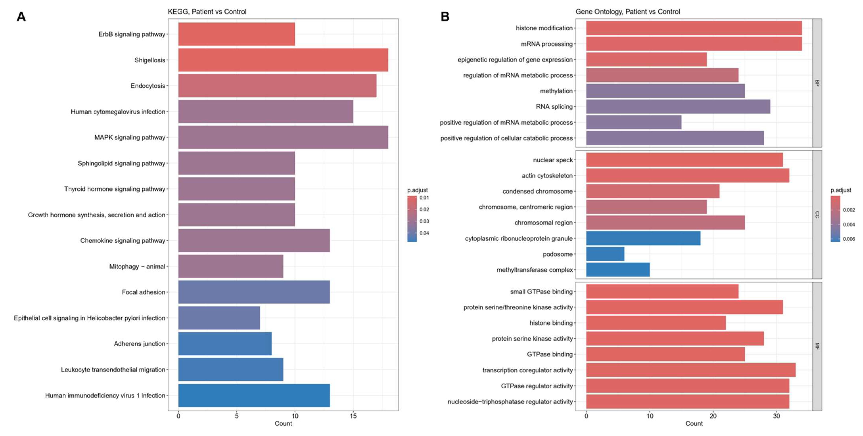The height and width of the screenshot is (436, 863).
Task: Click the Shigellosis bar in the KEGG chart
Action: pyautogui.click(x=283, y=60)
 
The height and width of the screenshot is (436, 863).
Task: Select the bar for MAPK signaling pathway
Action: pyautogui.click(x=283, y=137)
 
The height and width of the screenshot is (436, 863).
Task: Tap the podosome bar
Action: pyautogui.click(x=605, y=254)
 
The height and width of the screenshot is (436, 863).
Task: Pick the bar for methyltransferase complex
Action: pyautogui.click(x=618, y=270)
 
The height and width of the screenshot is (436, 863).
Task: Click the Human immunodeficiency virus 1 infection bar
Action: pyautogui.click(x=254, y=396)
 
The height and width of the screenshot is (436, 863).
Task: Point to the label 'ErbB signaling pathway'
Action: pyautogui.click(x=132, y=34)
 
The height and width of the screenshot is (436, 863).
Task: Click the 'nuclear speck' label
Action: pyautogui.click(x=553, y=160)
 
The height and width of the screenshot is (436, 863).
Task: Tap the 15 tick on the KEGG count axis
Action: pyautogui.click(x=353, y=416)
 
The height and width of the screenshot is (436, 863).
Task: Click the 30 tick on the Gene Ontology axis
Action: pyautogui.click(x=776, y=416)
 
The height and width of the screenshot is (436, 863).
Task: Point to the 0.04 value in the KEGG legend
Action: pyautogui.click(x=424, y=233)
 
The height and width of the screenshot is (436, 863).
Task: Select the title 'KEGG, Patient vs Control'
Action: pyautogui.click(x=207, y=12)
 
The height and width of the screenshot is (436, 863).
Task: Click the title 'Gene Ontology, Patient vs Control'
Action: pyautogui.click(x=627, y=12)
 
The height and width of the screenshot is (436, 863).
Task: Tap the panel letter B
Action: pyautogui.click(x=445, y=16)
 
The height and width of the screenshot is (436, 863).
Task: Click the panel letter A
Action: pyautogui.click(x=21, y=16)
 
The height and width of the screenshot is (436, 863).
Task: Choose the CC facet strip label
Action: pyautogui.click(x=817, y=215)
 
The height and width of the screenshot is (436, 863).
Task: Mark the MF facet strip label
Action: pyautogui.click(x=817, y=346)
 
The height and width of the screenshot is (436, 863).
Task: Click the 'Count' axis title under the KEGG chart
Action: pyautogui.click(x=283, y=424)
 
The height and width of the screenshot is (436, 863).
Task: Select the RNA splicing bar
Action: pyautogui.click(x=678, y=106)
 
